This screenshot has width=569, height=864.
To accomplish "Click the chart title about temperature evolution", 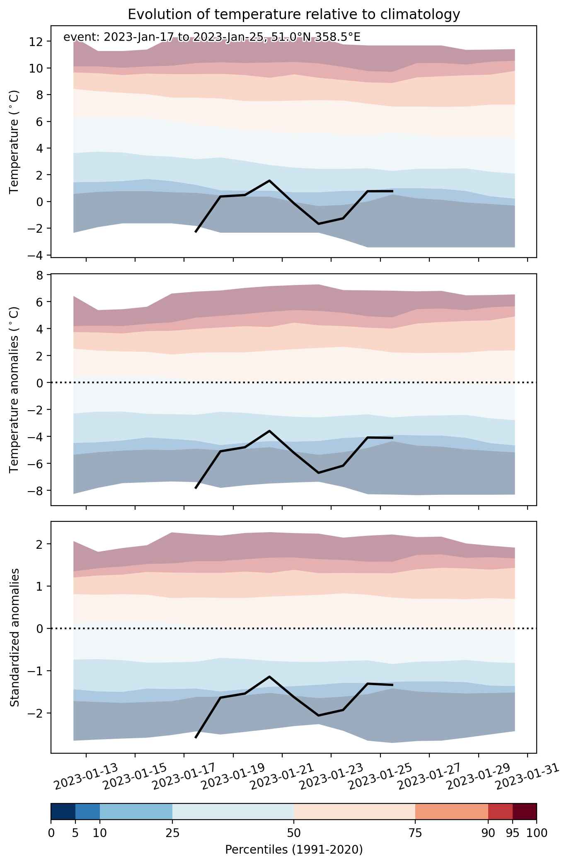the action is point(294,15).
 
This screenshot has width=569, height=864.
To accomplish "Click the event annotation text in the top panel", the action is point(212,37).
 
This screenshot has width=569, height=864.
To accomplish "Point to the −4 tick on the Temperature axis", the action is point(37,255).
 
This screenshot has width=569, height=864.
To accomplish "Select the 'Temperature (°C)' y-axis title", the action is point(15,141).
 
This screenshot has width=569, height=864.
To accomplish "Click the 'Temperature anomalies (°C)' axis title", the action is point(15,389).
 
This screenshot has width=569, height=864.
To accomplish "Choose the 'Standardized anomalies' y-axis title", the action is point(15,637).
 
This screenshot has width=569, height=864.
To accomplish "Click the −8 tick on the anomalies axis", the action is point(37,491).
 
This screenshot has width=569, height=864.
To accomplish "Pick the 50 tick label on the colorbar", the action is point(294,832).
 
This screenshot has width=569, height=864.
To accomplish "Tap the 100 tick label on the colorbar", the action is point(537,832).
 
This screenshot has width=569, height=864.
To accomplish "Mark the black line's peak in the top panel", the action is point(269,180).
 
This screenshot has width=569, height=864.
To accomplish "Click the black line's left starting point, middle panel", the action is point(196,488).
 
